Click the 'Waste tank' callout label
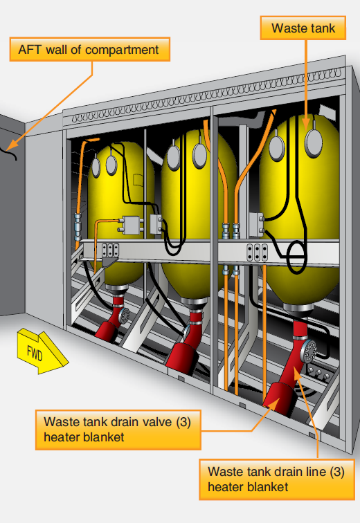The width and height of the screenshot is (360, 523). (303, 28)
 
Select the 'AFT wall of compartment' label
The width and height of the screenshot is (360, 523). (90, 49)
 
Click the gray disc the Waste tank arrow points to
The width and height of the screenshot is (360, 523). (314, 143)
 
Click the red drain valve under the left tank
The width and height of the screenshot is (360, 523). (106, 330)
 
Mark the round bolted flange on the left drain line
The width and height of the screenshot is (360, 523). (124, 315)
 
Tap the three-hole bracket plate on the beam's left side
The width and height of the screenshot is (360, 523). (111, 250)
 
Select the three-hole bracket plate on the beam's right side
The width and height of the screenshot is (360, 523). (257, 253)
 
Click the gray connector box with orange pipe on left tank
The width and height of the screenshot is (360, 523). (131, 224)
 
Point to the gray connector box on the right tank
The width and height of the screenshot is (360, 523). (257, 224)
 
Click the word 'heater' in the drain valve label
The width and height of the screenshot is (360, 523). (62, 437)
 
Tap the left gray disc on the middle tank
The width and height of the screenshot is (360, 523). (174, 157)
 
